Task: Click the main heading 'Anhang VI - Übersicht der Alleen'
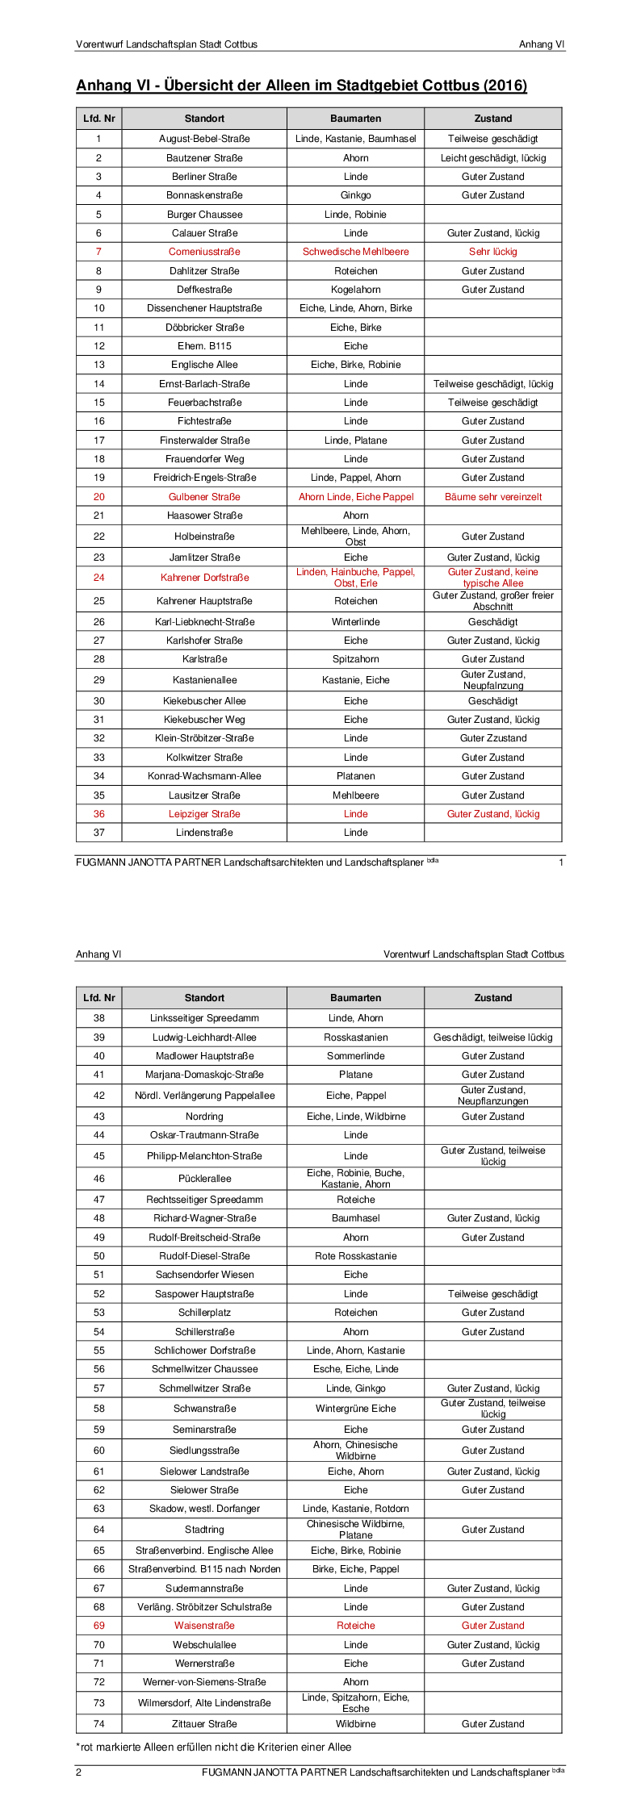301,86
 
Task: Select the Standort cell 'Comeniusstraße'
204,252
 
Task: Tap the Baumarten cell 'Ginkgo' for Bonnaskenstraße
355,195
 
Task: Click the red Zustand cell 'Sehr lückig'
492,252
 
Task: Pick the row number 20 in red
98,497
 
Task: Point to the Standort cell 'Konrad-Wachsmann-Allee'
204,776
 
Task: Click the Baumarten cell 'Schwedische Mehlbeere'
355,252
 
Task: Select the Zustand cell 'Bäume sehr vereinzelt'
492,497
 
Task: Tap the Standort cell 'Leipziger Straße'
204,814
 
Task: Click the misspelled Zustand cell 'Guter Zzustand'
492,738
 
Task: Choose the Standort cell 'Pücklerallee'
204,1179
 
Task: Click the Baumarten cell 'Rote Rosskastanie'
355,1256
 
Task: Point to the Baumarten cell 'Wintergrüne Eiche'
355,1409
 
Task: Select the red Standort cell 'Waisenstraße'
204,1626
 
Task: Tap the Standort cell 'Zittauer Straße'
204,1724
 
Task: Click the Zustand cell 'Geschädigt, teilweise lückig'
492,1037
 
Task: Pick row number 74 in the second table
98,1724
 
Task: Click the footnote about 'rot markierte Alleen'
214,1747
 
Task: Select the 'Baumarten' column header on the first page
355,119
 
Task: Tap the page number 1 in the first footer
561,862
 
